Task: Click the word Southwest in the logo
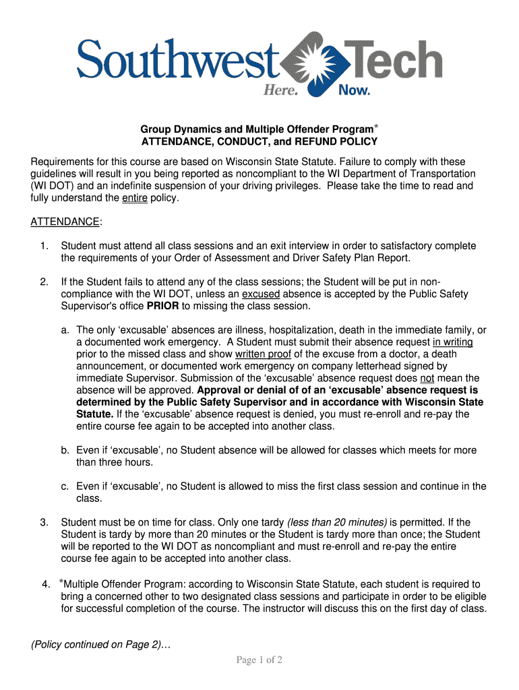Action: [177, 60]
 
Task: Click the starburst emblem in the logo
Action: [312, 62]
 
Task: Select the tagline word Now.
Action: [354, 90]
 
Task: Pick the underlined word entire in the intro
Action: [135, 198]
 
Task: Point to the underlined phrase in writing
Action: [453, 342]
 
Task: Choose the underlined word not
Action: [427, 378]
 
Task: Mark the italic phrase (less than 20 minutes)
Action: [337, 522]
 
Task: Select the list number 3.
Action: [43, 522]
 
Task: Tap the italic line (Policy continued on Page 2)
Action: [101, 645]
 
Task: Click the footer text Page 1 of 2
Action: [259, 660]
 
